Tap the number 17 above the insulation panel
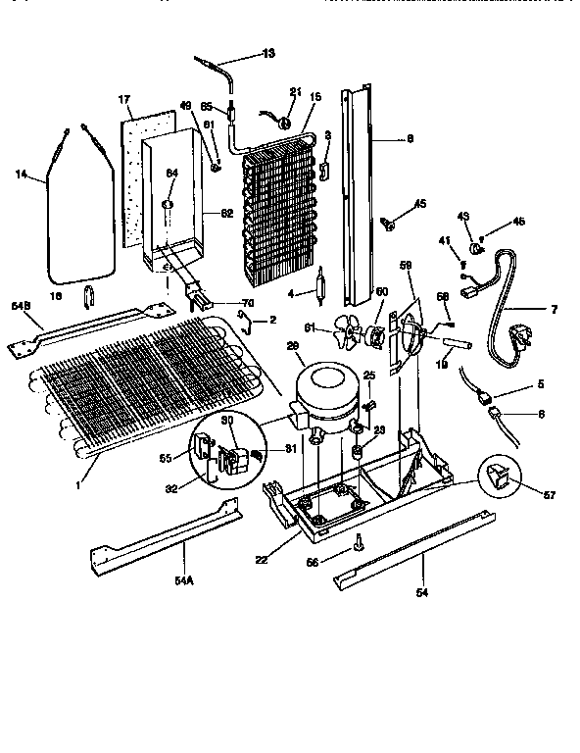124,100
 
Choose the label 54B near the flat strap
21,308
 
